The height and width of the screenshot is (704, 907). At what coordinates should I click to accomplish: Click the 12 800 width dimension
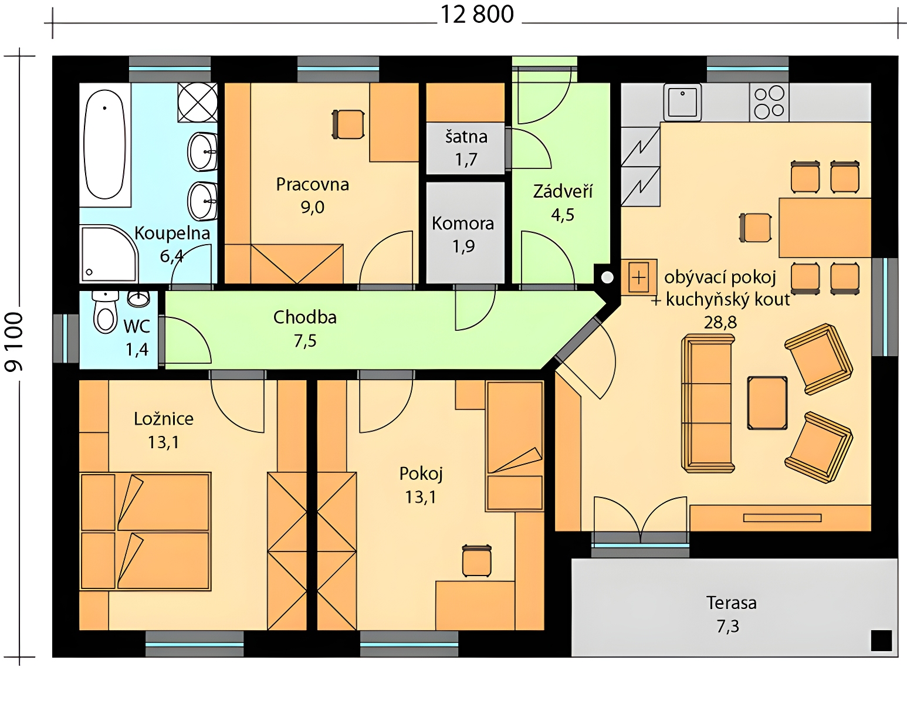[477, 15]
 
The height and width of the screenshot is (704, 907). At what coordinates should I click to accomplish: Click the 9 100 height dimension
[13, 342]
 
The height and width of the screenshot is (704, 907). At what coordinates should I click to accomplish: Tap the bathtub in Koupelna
[105, 144]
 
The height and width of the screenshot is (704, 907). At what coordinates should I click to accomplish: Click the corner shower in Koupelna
[109, 253]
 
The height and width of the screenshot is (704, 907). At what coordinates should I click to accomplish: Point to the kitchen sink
[682, 102]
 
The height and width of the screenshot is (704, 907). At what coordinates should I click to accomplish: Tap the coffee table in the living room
[767, 403]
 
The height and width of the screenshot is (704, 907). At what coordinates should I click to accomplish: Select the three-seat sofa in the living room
[708, 404]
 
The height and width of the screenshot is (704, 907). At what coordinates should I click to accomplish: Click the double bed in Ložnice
[145, 532]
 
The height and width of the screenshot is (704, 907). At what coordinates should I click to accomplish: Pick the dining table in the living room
[825, 228]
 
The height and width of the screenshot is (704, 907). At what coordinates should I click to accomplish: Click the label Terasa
[731, 603]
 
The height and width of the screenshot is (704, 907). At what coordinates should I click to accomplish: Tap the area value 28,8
[720, 322]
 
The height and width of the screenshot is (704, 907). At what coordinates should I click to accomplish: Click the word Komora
[463, 224]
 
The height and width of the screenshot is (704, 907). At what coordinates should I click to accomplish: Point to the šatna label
[466, 137]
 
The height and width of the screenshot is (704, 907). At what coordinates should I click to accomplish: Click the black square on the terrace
[882, 641]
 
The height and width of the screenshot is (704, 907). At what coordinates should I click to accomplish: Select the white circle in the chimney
[607, 277]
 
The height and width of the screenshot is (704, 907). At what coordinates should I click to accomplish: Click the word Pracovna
[313, 184]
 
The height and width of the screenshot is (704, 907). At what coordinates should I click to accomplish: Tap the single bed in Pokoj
[515, 446]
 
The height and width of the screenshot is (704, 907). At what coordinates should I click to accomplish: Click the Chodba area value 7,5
[305, 341]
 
